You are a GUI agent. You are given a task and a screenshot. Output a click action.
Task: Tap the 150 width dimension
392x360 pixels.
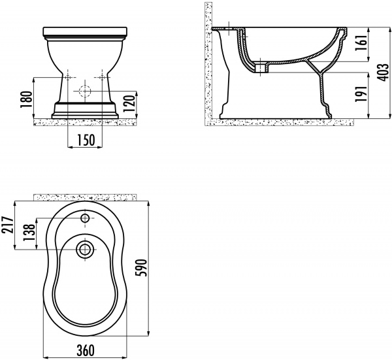coord(86,139)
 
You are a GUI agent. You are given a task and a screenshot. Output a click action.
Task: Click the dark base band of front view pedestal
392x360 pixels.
coord(86,106)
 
